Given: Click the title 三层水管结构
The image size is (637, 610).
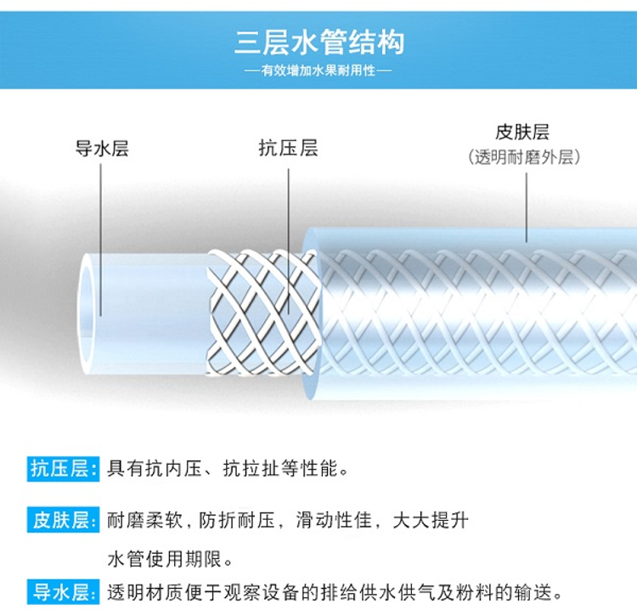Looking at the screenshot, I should tap(318, 42).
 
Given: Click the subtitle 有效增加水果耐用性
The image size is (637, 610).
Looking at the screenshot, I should tap(318, 71).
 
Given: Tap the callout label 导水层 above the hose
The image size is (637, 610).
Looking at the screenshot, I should tap(102, 150).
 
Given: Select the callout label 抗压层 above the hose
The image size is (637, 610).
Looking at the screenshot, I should tap(288, 149).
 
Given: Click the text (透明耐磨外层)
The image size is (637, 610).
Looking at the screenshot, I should tap(523, 158).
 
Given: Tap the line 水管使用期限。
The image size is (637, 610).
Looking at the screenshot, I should tap(171, 560).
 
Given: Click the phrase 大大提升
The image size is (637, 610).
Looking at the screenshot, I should tap(430, 520).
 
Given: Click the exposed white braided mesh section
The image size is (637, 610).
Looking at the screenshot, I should tap(263, 311).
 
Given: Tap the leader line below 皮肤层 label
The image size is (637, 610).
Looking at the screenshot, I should tap(526, 204).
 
